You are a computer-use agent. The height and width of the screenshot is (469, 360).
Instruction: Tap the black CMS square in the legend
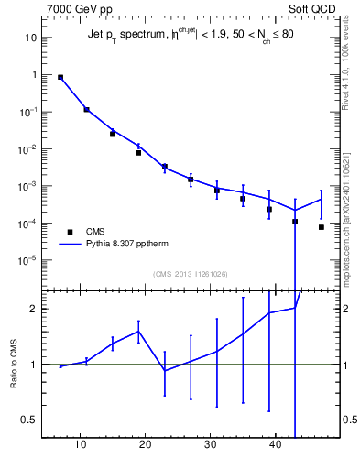69,232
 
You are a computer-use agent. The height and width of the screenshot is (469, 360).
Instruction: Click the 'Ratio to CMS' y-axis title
14,364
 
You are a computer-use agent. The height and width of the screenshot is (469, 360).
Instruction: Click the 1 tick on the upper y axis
34,74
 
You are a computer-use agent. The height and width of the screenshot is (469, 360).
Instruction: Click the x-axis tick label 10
81,445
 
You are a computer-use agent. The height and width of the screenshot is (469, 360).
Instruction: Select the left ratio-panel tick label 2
34,309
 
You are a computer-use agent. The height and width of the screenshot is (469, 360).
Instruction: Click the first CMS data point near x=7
60,78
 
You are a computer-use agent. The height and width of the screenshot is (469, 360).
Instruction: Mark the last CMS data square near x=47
322,227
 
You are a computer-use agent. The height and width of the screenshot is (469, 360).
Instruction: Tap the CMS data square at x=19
138,153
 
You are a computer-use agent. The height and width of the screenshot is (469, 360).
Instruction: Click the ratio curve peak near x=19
138,331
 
